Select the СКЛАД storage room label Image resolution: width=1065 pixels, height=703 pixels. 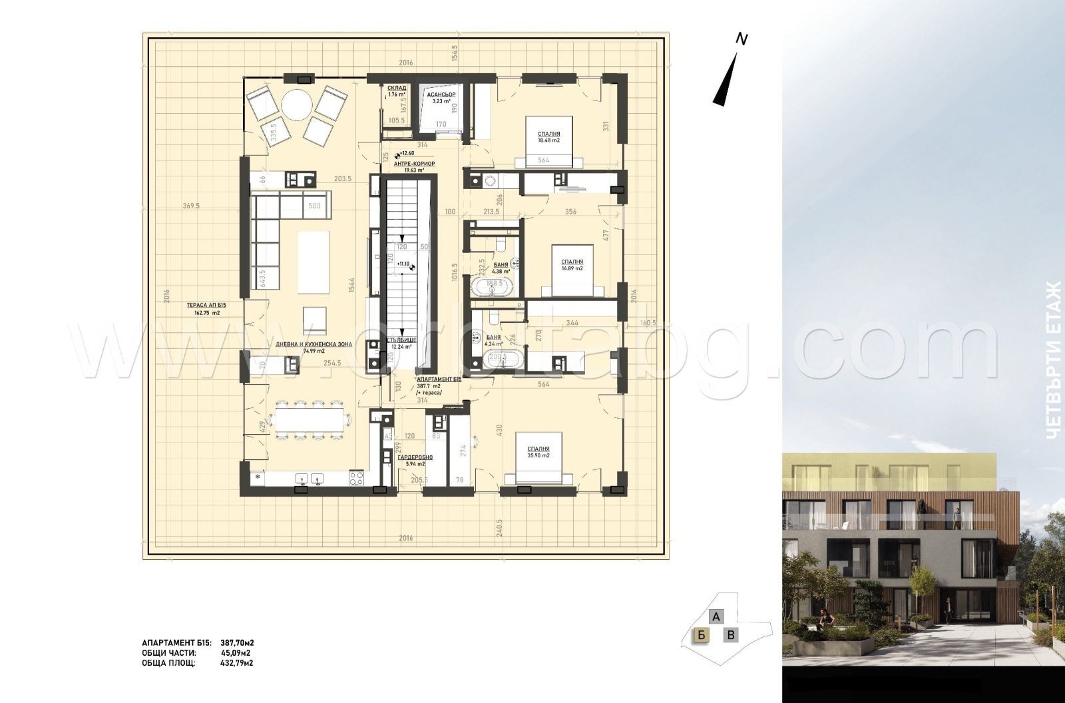[397, 87]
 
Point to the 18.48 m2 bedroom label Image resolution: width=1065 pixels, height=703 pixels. [549, 134]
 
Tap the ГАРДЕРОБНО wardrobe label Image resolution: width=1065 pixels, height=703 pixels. [415, 457]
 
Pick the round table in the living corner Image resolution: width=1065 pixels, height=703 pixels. [296, 105]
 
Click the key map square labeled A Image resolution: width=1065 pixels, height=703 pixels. [716, 616]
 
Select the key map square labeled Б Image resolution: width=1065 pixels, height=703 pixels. [700, 635]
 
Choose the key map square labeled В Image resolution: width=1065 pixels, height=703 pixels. [731, 635]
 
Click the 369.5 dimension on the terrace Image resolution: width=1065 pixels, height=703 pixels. [190, 206]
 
